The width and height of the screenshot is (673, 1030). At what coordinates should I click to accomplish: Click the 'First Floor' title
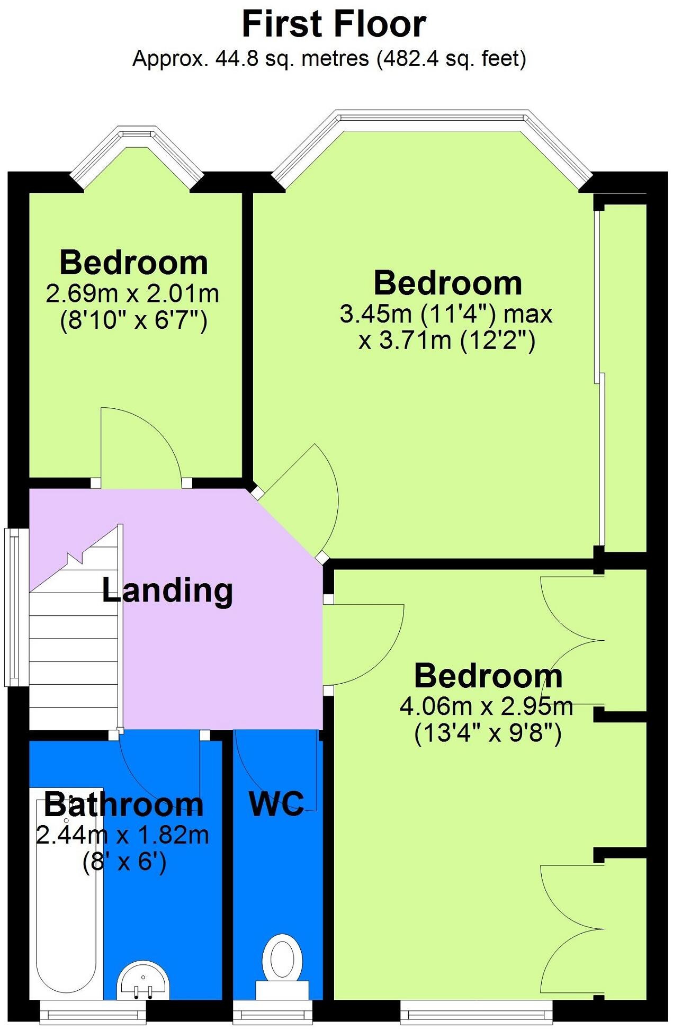[x=334, y=24]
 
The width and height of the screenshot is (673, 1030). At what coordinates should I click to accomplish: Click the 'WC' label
[x=276, y=804]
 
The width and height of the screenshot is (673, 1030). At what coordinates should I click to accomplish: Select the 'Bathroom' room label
[x=123, y=805]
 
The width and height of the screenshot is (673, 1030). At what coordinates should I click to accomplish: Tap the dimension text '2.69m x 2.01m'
[x=132, y=293]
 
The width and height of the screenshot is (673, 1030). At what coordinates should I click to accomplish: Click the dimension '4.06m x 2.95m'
[x=487, y=706]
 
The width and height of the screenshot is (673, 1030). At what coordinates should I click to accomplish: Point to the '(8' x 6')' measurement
[x=125, y=862]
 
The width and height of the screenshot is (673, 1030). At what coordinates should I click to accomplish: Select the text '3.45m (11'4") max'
[x=446, y=314]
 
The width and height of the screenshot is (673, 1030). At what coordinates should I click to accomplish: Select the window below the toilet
[x=273, y=1014]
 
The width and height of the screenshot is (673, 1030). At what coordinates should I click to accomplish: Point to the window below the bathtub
[x=93, y=1014]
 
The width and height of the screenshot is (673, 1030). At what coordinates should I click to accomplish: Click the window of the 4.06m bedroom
[x=477, y=1014]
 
